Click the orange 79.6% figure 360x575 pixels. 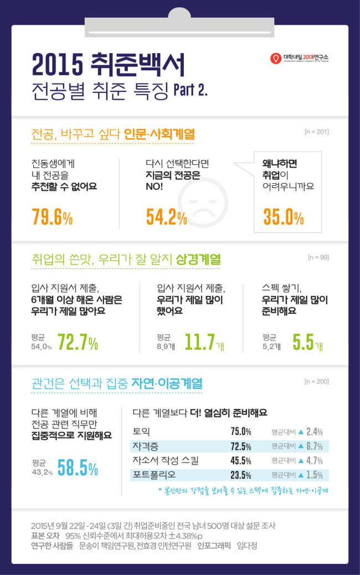click(52, 216)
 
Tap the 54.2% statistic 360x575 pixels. click(167, 216)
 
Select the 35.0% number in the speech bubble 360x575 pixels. click(284, 216)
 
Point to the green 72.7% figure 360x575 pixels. click(78, 342)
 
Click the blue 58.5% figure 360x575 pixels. click(78, 468)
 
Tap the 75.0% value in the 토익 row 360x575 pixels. click(241, 432)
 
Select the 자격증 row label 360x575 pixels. click(145, 446)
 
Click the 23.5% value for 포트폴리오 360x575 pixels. click(241, 475)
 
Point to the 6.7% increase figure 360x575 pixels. click(315, 446)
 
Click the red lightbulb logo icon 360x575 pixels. click(275, 58)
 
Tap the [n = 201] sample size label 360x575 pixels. click(317, 132)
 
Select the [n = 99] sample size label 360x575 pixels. click(318, 257)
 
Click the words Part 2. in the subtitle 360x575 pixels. click(191, 90)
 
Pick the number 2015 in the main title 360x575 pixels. click(58, 65)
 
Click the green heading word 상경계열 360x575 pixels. click(198, 260)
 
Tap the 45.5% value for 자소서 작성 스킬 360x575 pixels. click(241, 460)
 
